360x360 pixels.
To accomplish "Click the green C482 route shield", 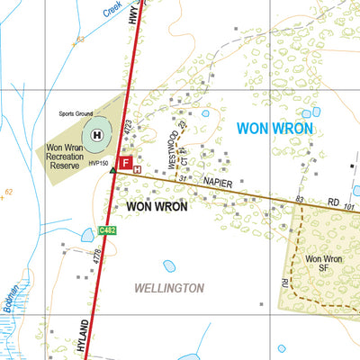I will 109,231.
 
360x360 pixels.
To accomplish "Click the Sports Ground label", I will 77,115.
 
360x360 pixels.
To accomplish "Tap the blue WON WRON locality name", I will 274,130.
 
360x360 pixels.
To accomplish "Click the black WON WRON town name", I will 157,206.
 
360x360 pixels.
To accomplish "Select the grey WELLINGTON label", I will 168,288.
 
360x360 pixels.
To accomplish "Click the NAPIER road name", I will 219,184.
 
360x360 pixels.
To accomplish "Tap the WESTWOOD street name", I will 172,150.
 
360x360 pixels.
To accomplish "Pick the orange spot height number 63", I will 79,40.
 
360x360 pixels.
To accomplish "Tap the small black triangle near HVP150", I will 112,169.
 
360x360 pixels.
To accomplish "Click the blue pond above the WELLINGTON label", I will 169,266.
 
